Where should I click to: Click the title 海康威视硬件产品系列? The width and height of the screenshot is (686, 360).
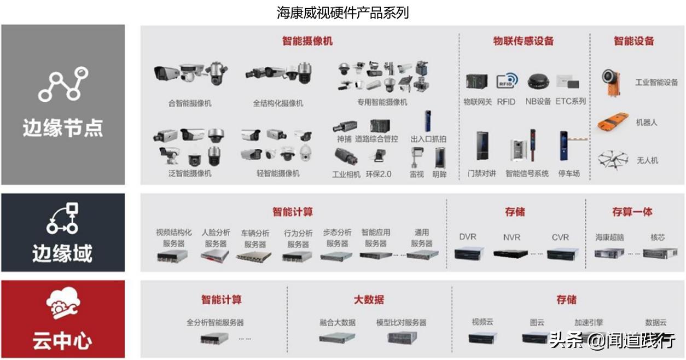[343, 12]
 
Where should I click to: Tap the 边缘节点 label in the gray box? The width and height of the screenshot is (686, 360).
[62, 128]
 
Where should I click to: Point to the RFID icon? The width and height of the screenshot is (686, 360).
[506, 82]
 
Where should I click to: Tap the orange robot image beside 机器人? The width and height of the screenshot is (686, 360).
[612, 122]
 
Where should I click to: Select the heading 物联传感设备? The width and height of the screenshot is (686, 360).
[524, 41]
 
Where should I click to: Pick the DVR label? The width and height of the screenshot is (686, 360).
[468, 237]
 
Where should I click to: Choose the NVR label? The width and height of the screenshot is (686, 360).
[511, 237]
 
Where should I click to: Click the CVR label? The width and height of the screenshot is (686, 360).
[560, 237]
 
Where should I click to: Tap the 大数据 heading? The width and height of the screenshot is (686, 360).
[369, 299]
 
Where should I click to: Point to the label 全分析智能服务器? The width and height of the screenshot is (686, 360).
[215, 322]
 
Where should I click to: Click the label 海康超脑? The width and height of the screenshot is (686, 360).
[609, 237]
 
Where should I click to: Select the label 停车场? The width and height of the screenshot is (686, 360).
[569, 173]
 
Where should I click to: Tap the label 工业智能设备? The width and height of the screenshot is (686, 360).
[656, 82]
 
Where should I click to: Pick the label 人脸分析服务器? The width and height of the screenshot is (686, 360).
[216, 238]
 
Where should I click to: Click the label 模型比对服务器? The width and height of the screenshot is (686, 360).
[401, 322]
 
